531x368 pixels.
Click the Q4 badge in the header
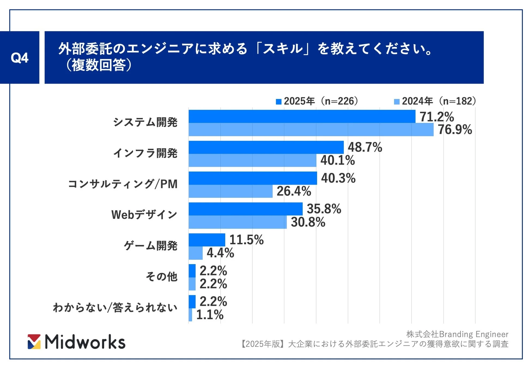(19, 58)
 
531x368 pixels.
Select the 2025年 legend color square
(278, 102)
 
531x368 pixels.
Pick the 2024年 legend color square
(397, 102)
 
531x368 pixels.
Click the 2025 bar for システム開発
(302, 116)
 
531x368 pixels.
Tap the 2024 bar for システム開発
(311, 129)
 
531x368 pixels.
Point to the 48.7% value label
(365, 147)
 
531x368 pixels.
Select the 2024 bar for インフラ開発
(252, 160)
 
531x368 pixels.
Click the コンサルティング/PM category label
(123, 184)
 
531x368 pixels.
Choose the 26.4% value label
(294, 191)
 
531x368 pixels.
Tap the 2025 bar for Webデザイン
(245, 209)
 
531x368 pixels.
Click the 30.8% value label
(308, 222)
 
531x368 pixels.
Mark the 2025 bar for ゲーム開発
(207, 240)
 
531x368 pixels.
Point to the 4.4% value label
(220, 253)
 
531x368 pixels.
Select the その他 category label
(162, 276)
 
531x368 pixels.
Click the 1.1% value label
(210, 315)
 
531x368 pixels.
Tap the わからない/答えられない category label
(115, 307)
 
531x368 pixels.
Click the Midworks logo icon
(34, 342)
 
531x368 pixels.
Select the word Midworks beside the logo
(85, 342)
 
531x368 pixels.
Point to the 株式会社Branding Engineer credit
(457, 334)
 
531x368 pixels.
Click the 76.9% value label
(454, 129)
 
